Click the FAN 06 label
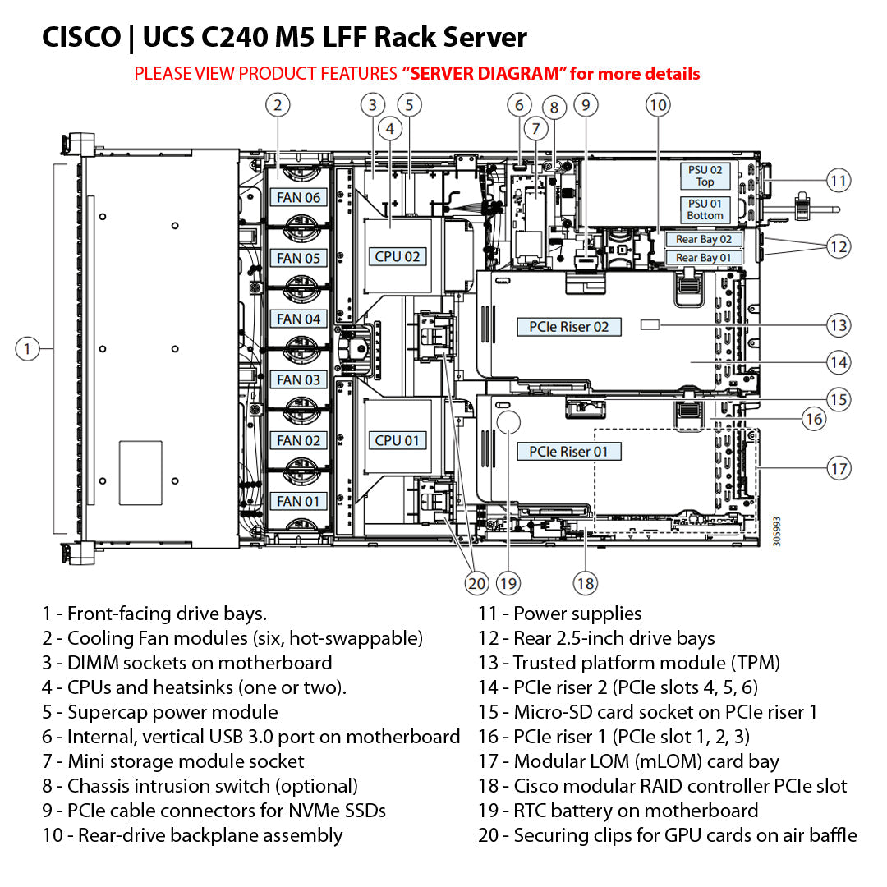coord(298,197)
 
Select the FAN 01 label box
coord(298,501)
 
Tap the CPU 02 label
coord(398,256)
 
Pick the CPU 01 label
coord(398,440)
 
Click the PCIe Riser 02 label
coord(569,327)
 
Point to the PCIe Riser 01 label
coord(569,452)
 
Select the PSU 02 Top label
coord(705,176)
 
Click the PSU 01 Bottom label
coord(705,209)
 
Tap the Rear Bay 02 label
coord(703,239)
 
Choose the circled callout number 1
coord(27,349)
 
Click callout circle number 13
coord(839,325)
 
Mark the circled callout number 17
coord(839,469)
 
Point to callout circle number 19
coord(508,584)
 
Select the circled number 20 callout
coord(476,584)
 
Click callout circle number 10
coord(658,104)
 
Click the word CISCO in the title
coord(80,38)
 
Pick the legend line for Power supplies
coord(560,614)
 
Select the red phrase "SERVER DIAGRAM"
coord(484,74)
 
